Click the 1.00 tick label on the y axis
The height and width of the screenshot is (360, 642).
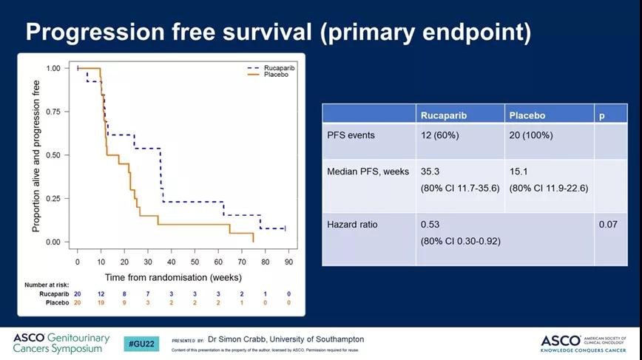point(53,68)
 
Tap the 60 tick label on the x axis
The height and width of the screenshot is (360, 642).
point(218,262)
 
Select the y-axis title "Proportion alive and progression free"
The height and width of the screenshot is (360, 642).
point(36,156)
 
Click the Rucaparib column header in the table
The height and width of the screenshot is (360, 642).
point(444,115)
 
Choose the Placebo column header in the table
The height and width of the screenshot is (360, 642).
point(527,115)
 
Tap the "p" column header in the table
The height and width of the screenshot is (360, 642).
point(601,115)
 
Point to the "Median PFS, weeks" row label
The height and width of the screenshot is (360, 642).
point(368,171)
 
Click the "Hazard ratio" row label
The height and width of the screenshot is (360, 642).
point(352,224)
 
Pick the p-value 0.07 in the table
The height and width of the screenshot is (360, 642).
point(608,224)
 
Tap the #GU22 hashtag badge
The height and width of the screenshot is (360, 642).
point(140,344)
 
